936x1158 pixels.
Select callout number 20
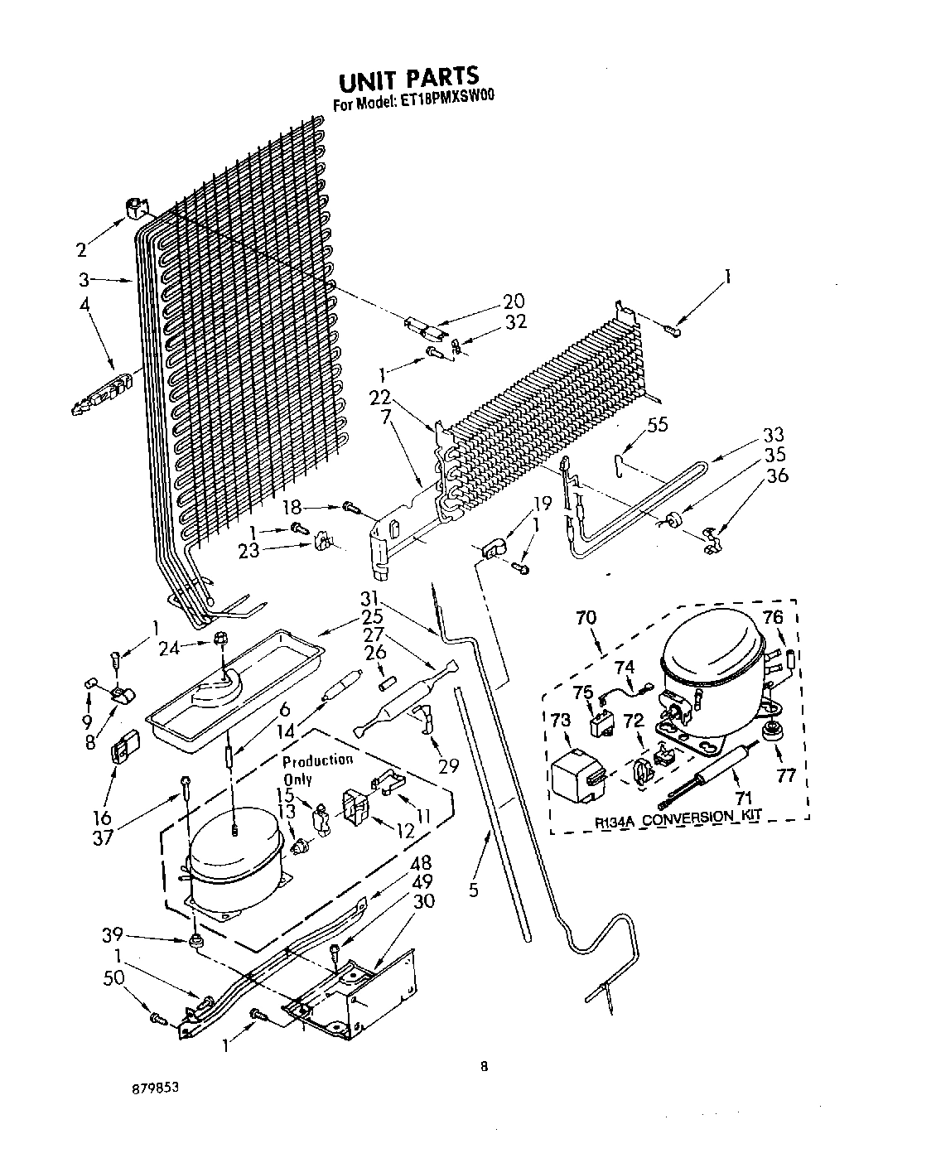(x=513, y=302)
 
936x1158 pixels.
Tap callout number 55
(x=657, y=425)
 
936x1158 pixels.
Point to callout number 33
(x=773, y=435)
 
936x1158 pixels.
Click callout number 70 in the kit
(x=586, y=617)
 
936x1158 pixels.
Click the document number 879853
(x=154, y=1087)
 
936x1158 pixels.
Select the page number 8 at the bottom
(x=484, y=1067)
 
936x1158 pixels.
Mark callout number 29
(x=448, y=765)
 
